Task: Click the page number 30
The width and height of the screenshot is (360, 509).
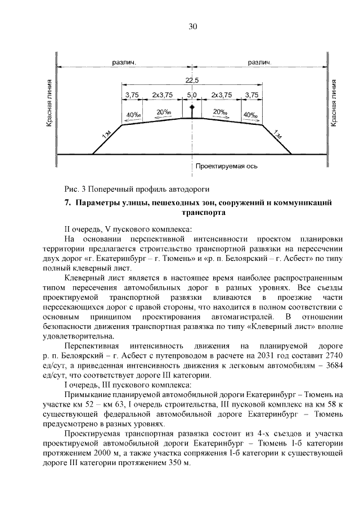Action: [192, 26]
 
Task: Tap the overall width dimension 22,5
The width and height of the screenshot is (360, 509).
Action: [192, 80]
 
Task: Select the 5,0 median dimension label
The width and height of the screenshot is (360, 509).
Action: [192, 96]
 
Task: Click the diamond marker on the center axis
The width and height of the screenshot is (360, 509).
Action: [192, 107]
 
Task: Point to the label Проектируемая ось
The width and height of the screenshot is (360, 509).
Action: [226, 167]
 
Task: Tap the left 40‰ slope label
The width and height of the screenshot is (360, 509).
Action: [134, 116]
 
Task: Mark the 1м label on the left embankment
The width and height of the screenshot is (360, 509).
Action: [108, 134]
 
